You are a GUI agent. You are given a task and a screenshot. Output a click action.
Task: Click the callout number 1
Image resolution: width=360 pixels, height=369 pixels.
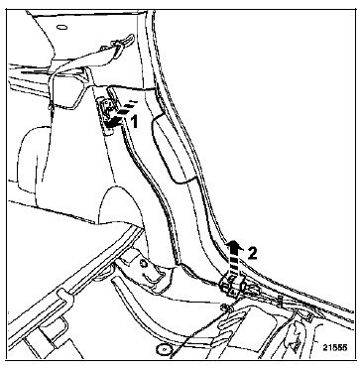(134, 122)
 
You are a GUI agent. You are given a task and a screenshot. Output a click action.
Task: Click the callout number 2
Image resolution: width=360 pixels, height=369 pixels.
(252, 254)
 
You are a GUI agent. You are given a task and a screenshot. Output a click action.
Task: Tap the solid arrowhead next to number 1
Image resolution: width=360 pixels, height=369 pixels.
(111, 123)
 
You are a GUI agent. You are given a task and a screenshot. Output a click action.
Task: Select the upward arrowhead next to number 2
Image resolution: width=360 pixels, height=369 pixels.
(233, 246)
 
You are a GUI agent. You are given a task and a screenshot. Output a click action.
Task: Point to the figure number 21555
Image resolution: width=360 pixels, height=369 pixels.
(335, 348)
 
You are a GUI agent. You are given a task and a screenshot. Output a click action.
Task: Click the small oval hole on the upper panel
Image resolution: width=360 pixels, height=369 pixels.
(61, 27)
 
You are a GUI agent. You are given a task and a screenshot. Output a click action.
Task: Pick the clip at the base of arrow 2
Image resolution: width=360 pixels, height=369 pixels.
(232, 285)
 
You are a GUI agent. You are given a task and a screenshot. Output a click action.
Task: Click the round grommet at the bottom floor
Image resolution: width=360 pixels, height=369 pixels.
(163, 349)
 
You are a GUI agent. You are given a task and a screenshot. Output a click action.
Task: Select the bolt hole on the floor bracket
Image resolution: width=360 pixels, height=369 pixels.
(143, 264)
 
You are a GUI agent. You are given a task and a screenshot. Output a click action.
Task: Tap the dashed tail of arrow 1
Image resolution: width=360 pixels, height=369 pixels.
(125, 109)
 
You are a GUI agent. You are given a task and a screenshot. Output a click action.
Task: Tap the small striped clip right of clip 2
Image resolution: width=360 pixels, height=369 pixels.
(280, 302)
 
